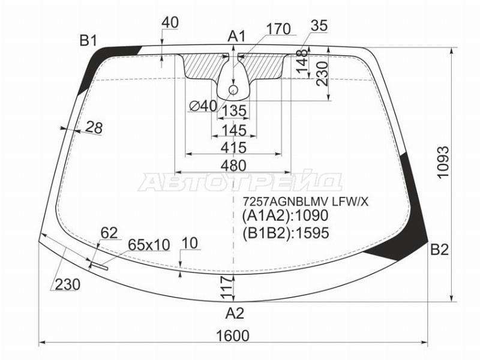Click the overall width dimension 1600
(233, 336)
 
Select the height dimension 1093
(443, 161)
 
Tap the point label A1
(236, 37)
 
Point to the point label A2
(235, 313)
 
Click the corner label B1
(88, 40)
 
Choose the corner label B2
(439, 250)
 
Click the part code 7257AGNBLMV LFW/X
(305, 202)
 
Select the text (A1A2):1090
(285, 216)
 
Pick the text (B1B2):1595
(286, 233)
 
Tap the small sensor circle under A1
(233, 89)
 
